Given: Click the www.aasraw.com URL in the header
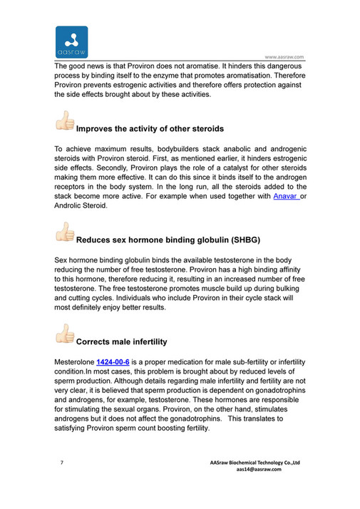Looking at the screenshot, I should (284, 57).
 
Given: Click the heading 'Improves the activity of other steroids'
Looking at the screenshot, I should (150, 129).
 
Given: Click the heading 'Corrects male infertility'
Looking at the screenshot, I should (121, 341).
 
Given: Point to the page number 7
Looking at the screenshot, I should (61, 463).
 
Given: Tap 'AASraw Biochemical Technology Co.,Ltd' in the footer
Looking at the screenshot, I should (256, 463).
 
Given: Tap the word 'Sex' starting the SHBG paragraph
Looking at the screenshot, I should (62, 262).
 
